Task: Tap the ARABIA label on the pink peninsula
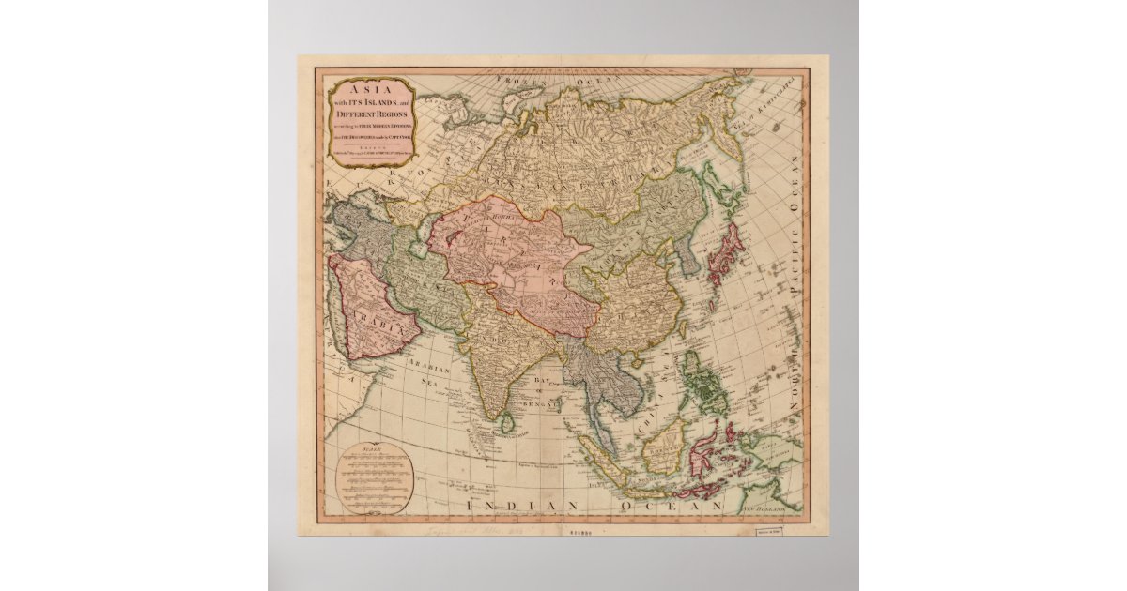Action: [x=383, y=329]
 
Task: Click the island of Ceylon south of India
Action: [x=507, y=425]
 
